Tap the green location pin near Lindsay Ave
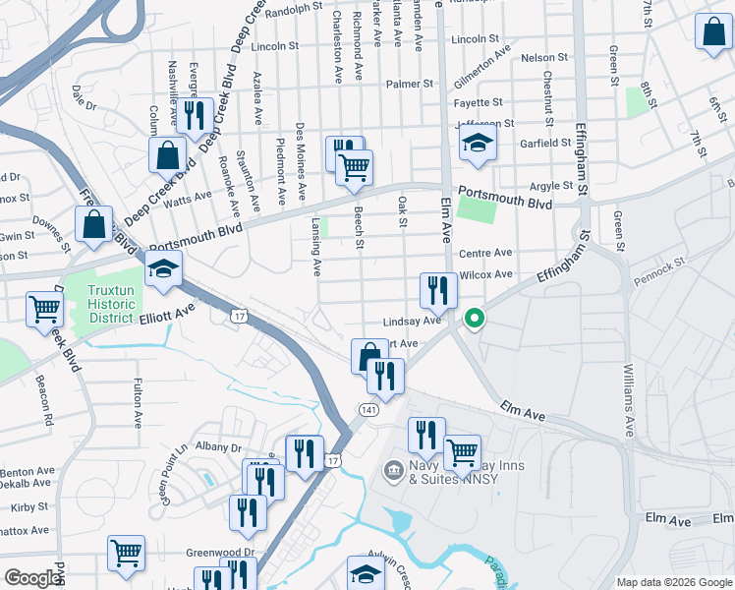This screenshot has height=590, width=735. coord(474,319)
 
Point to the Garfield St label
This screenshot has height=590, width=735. coord(546,144)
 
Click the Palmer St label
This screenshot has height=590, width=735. coord(410,84)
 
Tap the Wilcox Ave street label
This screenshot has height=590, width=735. coord(486,274)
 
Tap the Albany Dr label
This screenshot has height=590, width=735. coord(218,446)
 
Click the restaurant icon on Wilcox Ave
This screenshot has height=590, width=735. coord(438,290)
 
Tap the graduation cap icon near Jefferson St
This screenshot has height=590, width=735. coord(478,143)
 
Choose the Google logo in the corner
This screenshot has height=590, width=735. coord(32,578)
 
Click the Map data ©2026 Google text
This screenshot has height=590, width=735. coord(674,582)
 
